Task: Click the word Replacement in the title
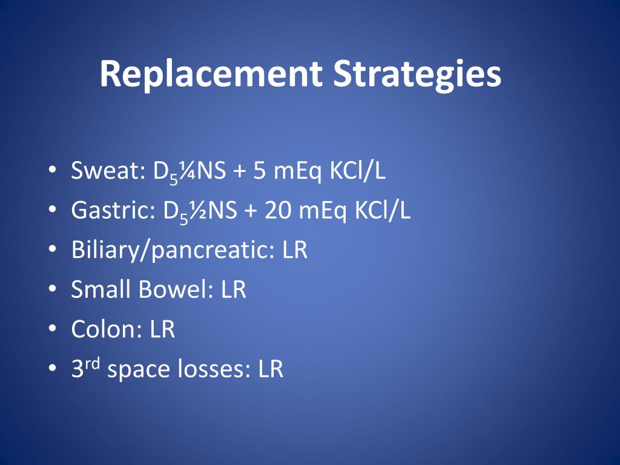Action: click(211, 74)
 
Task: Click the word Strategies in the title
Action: click(417, 74)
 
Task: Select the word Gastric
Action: click(113, 210)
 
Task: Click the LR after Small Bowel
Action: click(233, 289)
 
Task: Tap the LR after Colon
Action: click(162, 329)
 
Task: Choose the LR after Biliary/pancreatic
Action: click(295, 250)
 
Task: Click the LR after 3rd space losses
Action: click(271, 369)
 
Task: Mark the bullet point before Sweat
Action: click(52, 170)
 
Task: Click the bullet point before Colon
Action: click(52, 329)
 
